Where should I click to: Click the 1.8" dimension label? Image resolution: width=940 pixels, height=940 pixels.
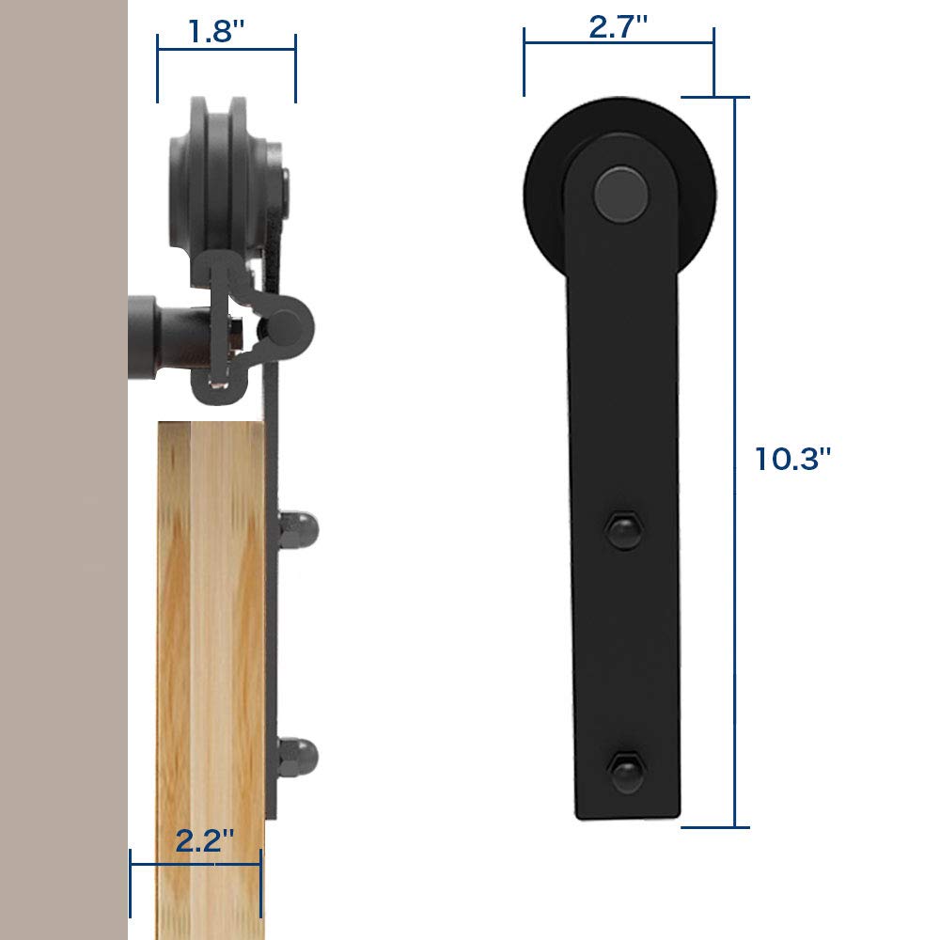coord(217,32)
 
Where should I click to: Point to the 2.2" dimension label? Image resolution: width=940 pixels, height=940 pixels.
coord(205,839)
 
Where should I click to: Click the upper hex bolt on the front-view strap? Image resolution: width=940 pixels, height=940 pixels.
coord(623,529)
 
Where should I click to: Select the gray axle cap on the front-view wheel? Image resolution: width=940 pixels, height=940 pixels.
coord(621,194)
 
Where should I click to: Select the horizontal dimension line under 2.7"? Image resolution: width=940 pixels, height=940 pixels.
coord(619,43)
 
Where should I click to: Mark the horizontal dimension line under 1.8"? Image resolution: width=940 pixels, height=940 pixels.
coord(227,49)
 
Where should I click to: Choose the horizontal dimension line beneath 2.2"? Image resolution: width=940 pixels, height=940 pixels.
coord(196,862)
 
